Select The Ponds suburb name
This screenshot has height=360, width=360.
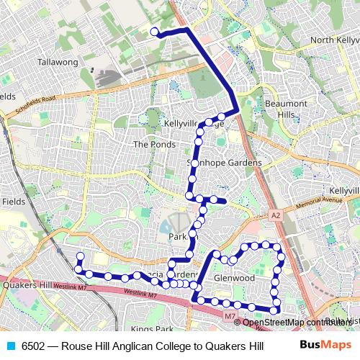tap(150, 144)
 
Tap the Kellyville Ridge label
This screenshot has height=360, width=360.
tap(194, 124)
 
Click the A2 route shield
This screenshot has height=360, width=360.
tap(274, 215)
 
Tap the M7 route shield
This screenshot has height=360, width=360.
tap(228, 315)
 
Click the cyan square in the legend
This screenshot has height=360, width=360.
tap(9, 346)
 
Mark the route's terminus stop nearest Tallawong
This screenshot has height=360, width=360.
tap(153, 31)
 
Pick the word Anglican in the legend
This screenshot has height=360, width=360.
tap(122, 346)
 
